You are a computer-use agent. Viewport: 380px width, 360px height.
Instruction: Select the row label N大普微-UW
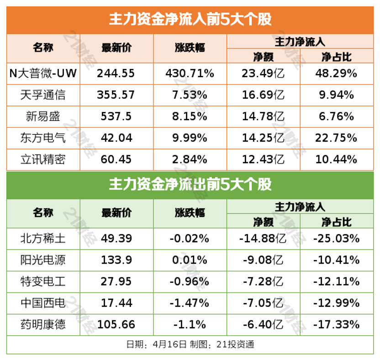click(x=43, y=73)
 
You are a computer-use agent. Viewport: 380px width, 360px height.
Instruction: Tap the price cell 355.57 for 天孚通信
click(x=116, y=95)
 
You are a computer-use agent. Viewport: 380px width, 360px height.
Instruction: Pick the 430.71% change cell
click(x=190, y=73)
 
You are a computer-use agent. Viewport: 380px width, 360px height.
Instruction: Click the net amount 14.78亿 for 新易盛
click(x=263, y=116)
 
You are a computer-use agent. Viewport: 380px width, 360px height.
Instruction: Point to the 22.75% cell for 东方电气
click(x=336, y=138)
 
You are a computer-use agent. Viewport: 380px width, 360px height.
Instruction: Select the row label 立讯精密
click(x=43, y=159)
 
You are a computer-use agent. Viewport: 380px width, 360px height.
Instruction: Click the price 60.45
click(x=116, y=159)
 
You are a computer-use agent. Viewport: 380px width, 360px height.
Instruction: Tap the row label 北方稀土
click(x=43, y=238)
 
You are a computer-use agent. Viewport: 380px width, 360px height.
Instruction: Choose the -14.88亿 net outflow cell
click(x=263, y=238)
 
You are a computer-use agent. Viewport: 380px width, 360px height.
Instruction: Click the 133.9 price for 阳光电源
click(x=116, y=259)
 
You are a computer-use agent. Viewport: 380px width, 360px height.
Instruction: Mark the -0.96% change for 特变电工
click(x=190, y=281)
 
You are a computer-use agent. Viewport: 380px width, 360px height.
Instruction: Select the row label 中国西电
click(x=43, y=302)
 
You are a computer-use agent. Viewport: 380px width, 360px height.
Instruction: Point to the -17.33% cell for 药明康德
click(x=336, y=324)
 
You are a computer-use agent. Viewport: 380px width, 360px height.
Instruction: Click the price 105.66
click(x=116, y=324)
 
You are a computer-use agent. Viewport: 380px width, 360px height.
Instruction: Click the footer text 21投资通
click(x=237, y=344)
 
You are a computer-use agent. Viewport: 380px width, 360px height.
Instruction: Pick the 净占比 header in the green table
click(x=336, y=222)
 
